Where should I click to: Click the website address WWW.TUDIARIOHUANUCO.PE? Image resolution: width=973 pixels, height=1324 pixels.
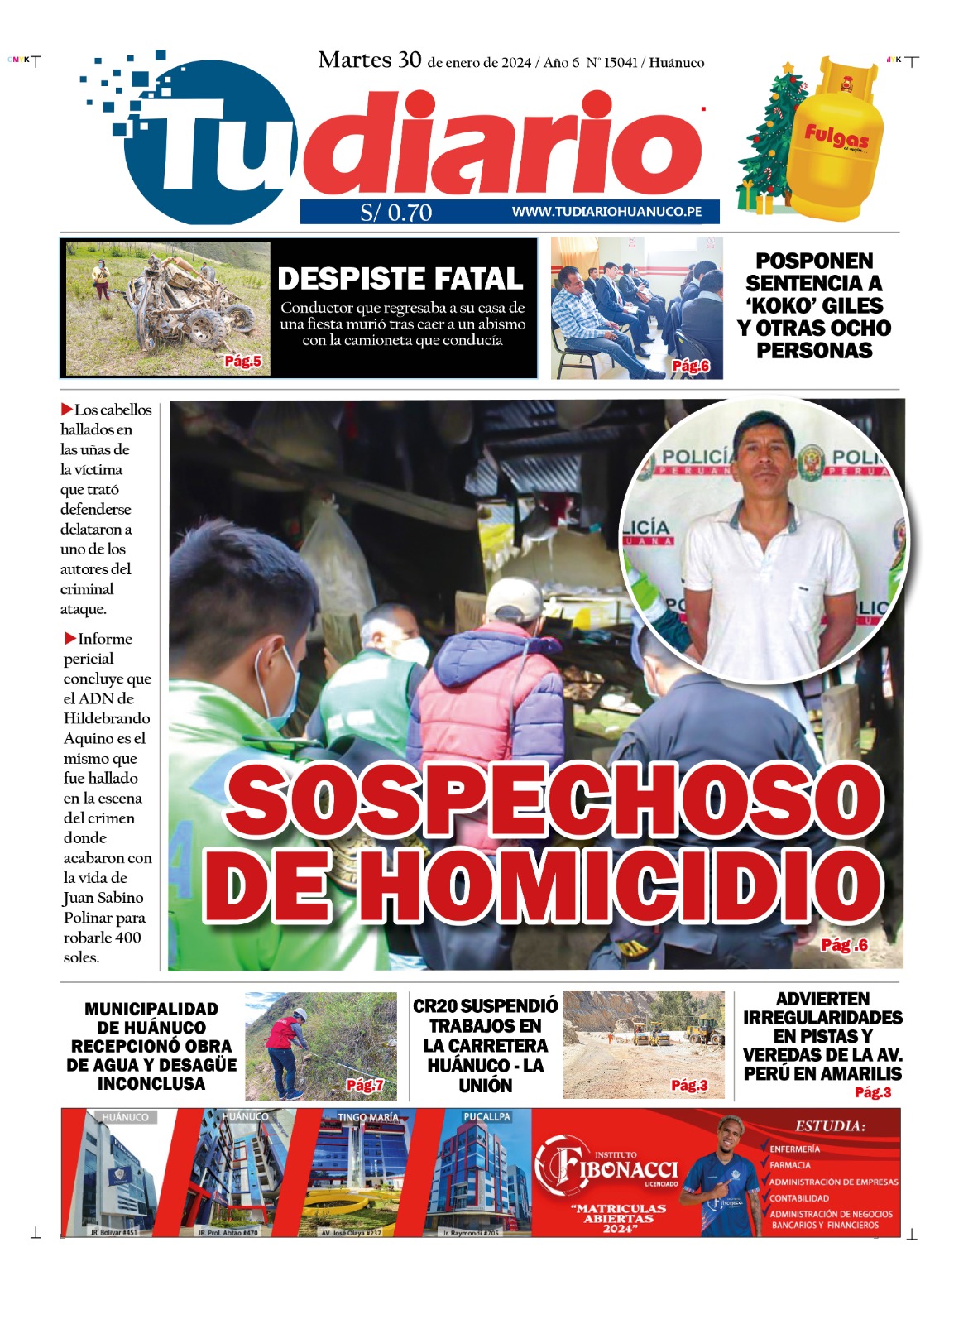606,212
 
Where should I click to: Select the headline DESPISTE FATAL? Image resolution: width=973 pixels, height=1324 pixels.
400,279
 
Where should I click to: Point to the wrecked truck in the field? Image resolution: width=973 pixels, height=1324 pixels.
186,303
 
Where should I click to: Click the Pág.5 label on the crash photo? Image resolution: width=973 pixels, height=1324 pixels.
242,362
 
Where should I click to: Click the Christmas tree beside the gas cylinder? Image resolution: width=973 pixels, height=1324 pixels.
766,141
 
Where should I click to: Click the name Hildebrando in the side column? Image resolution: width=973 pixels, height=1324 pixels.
107,718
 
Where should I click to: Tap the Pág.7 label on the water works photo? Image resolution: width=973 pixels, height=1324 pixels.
364,1085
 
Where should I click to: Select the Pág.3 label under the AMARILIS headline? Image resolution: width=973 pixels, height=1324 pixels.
873,1092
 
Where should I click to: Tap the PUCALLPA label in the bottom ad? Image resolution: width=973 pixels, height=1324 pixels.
486,1117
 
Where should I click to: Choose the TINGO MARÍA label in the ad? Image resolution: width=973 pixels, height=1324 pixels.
367,1117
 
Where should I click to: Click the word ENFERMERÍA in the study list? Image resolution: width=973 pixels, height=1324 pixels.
795,1149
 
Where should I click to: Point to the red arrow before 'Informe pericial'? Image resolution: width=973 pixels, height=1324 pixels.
69,638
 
